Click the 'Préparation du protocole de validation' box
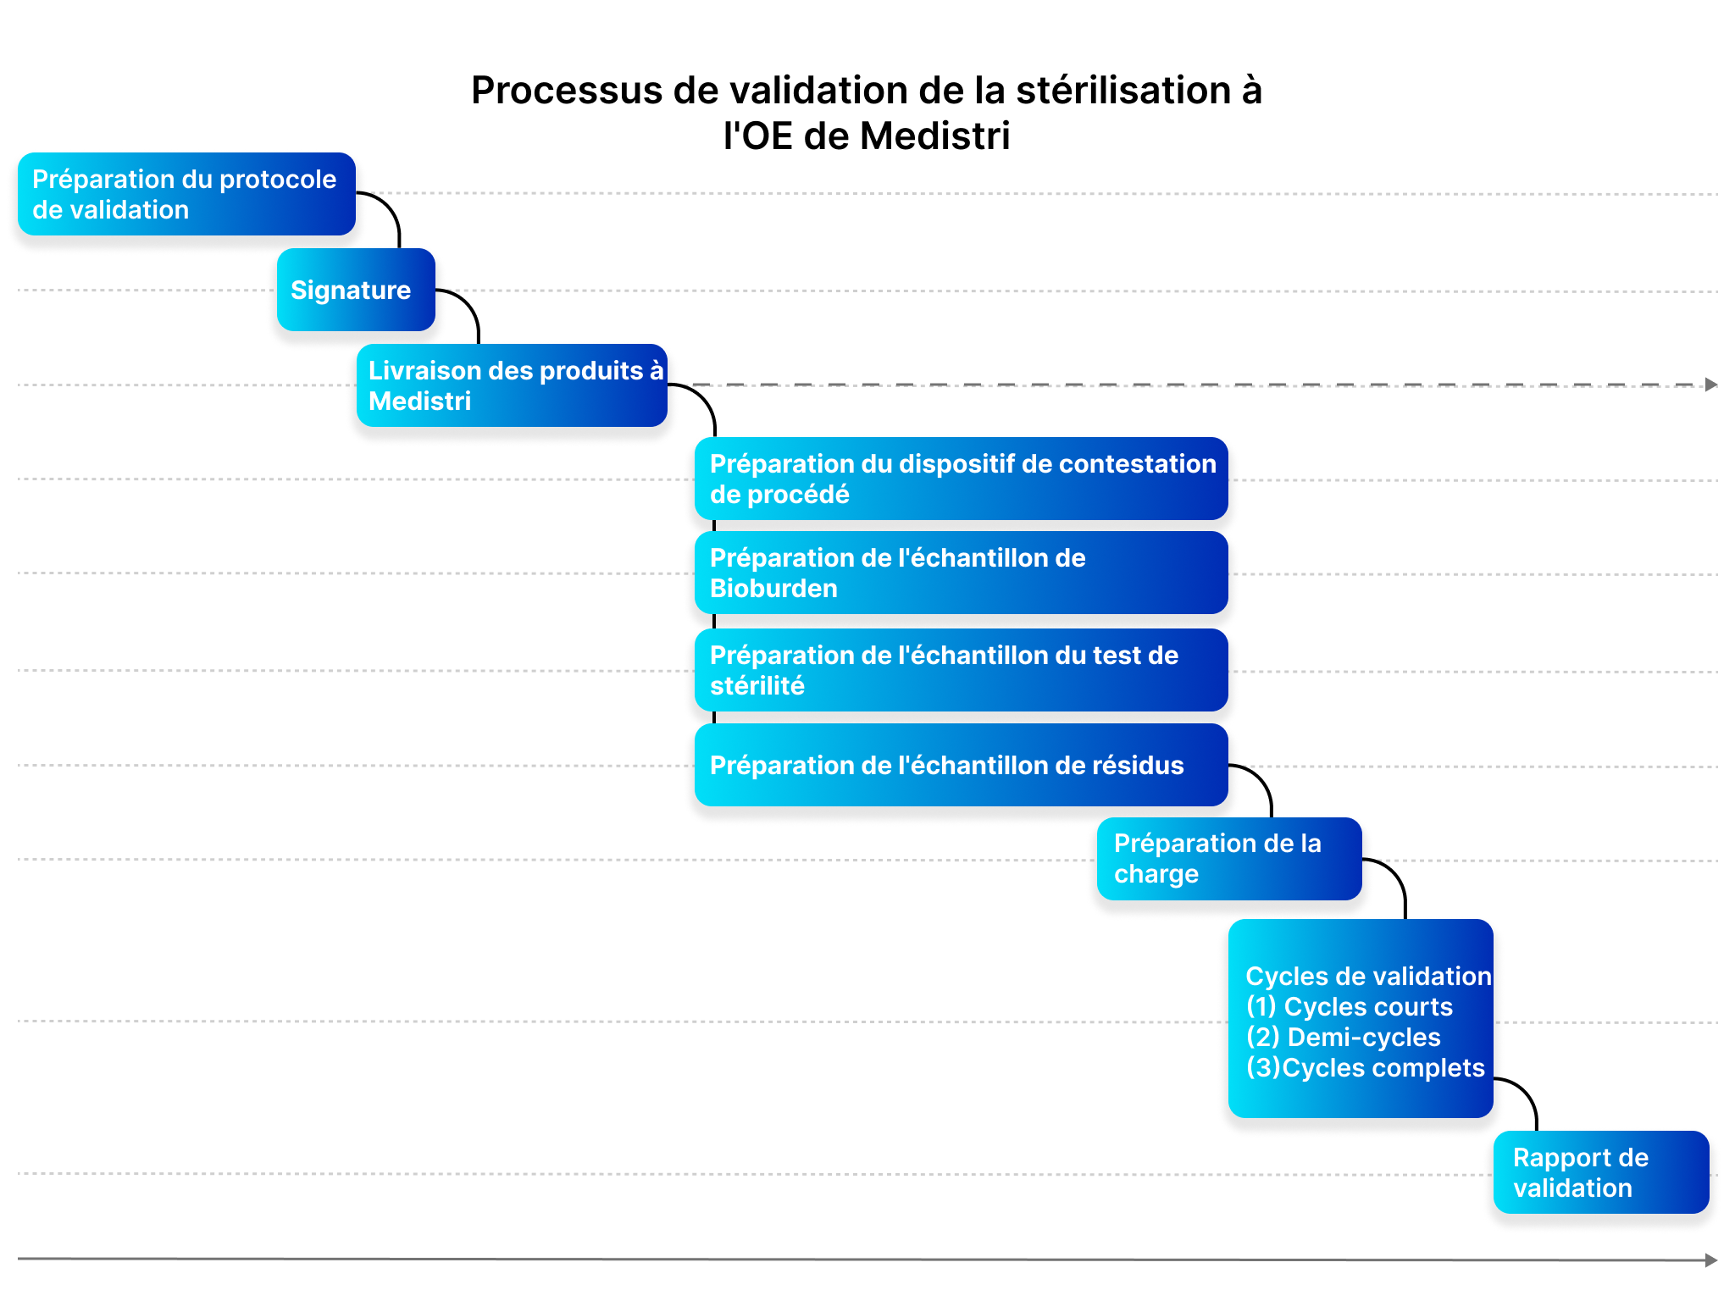(x=186, y=194)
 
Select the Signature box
(x=356, y=290)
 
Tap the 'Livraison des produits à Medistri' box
(x=512, y=385)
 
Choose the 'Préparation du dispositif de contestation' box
(x=961, y=479)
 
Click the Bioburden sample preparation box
(x=961, y=573)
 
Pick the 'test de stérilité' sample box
(x=961, y=670)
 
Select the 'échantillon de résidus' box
(x=961, y=765)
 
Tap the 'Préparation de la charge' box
(x=1229, y=859)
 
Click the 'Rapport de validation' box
(x=1601, y=1172)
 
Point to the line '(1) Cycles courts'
(x=1350, y=1007)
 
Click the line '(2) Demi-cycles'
(x=1344, y=1038)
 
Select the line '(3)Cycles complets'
(x=1366, y=1068)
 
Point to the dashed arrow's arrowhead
(x=1711, y=385)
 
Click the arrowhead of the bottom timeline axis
(x=1711, y=1260)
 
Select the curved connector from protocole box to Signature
(x=389, y=208)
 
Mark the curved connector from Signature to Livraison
(x=468, y=304)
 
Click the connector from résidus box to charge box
(x=1261, y=779)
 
